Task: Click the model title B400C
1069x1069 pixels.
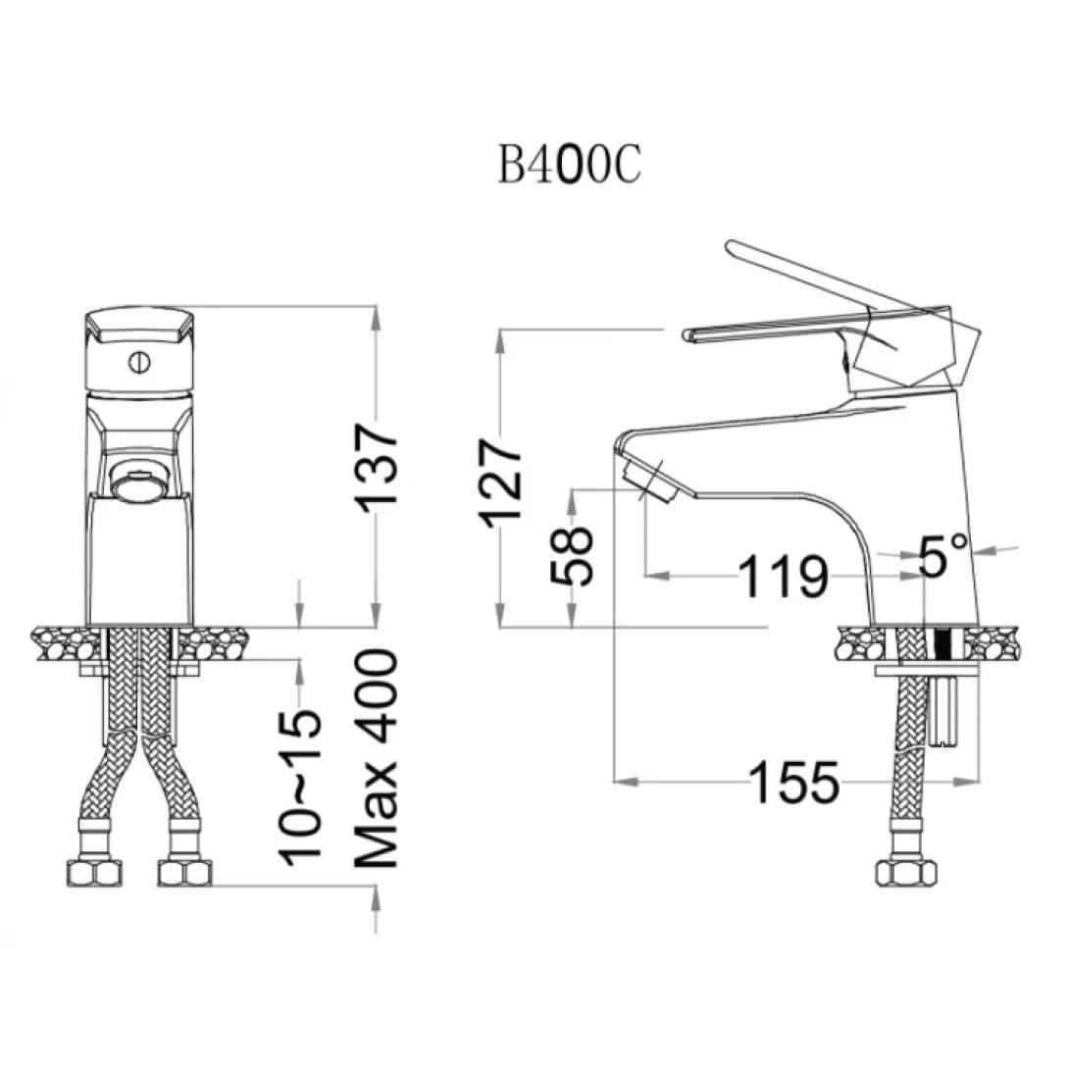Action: [569, 165]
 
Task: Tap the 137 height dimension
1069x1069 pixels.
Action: [376, 467]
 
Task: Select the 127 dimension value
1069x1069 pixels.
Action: [501, 484]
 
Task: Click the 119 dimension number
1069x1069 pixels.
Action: [784, 576]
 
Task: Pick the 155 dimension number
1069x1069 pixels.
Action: [794, 782]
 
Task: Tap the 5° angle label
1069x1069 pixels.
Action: [942, 554]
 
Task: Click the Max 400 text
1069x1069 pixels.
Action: [376, 759]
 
